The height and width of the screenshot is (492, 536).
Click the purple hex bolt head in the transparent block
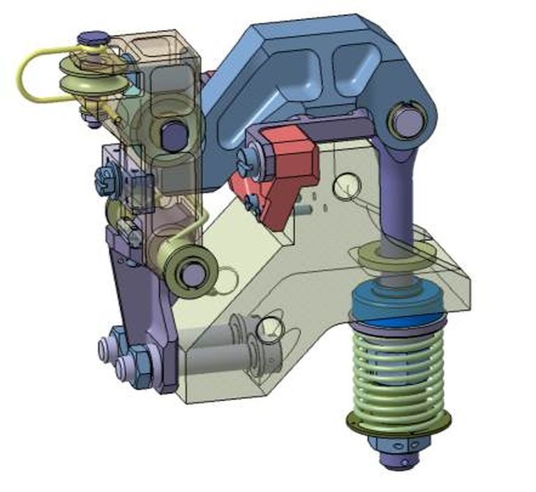tap(172, 134)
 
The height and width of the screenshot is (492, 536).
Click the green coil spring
tap(399, 370)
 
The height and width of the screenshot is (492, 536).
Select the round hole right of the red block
tap(346, 185)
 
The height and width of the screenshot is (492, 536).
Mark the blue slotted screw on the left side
tap(107, 180)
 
